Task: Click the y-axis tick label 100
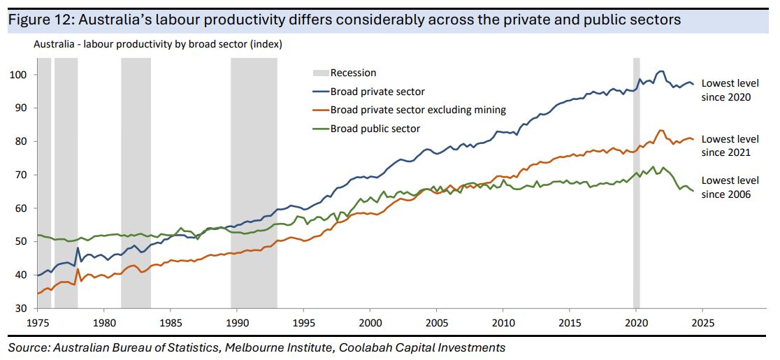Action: tap(20, 75)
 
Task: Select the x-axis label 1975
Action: tap(38, 324)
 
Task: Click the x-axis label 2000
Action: tap(370, 324)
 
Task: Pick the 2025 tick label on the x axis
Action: tap(702, 324)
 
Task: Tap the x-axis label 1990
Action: tap(237, 324)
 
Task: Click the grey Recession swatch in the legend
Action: tap(320, 73)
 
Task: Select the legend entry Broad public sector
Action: tap(375, 128)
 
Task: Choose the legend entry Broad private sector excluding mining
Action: tap(418, 110)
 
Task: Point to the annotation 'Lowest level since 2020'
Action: tap(729, 89)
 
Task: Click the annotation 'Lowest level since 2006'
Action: tap(729, 187)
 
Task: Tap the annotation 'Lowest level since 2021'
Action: tap(729, 146)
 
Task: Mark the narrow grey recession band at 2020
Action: tap(636, 182)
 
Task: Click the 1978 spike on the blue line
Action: tap(78, 248)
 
